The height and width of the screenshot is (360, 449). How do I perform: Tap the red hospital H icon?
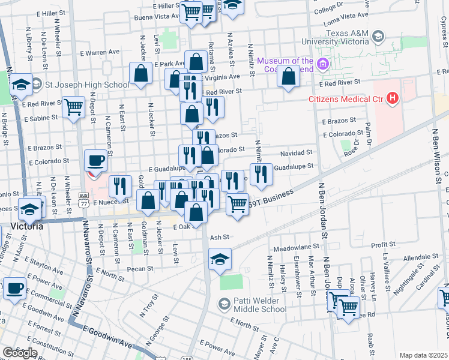click(x=393, y=97)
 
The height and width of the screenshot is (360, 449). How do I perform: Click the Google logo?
click(x=20, y=352)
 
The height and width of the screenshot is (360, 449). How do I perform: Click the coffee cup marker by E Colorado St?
click(x=95, y=160)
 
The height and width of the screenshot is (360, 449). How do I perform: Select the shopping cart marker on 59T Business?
click(x=238, y=204)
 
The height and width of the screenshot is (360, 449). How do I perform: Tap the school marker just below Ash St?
click(x=220, y=259)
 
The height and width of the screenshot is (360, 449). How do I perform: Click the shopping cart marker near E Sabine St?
click(x=73, y=108)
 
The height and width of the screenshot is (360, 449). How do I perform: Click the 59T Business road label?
click(x=273, y=197)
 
